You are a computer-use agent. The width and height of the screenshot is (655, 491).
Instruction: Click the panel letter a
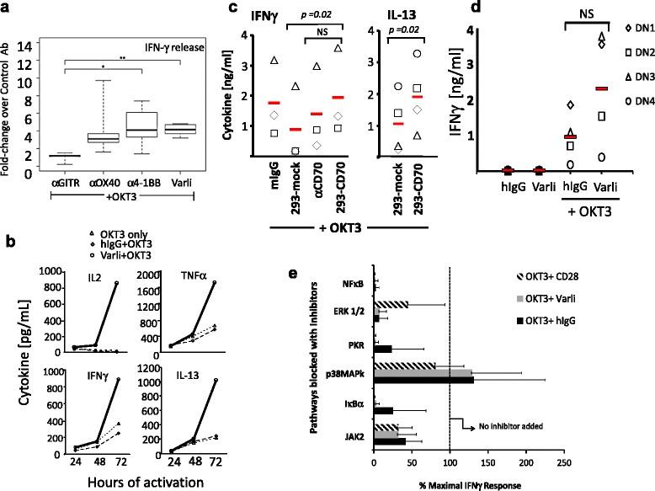7,8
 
